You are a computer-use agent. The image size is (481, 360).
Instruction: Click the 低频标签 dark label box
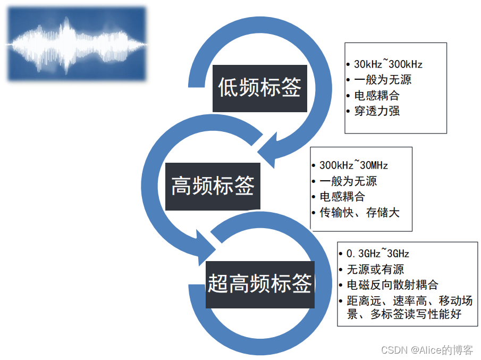[259, 88]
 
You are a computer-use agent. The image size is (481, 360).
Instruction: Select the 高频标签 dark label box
[213, 186]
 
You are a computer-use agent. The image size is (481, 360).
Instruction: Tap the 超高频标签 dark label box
[260, 284]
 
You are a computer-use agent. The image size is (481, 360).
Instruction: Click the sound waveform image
[77, 44]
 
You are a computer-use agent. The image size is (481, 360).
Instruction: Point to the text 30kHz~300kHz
[388, 64]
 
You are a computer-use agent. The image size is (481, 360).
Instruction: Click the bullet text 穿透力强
[377, 111]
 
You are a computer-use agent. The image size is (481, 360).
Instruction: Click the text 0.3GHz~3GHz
[377, 254]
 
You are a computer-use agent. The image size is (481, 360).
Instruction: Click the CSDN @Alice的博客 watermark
[427, 350]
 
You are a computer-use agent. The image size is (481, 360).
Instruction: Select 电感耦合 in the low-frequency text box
[377, 96]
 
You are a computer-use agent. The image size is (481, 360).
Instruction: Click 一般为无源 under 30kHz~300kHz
[383, 80]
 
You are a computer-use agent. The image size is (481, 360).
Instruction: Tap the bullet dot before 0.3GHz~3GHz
[341, 254]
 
